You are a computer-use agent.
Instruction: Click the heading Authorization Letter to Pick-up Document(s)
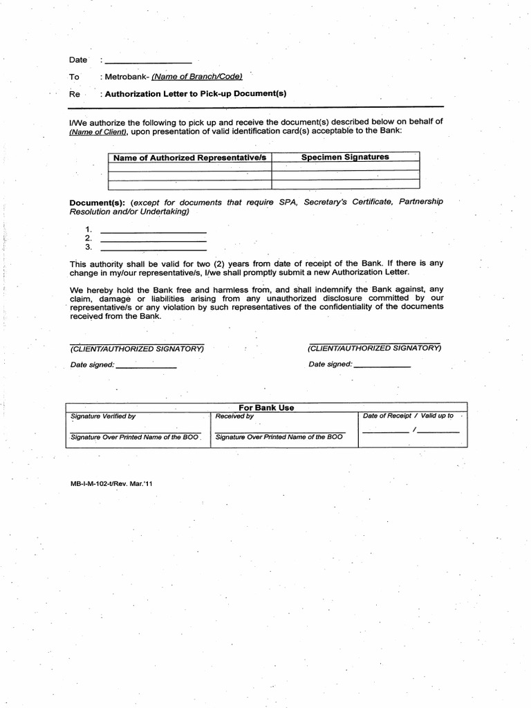pos(196,93)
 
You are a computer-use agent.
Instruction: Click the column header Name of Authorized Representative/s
pos(190,158)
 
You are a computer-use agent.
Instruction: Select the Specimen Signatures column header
pos(345,157)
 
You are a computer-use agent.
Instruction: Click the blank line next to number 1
pos(153,230)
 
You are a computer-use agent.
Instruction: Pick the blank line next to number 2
pos(153,239)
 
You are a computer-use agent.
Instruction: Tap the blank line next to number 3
pos(153,248)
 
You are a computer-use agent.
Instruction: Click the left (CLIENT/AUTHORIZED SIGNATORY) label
pos(137,348)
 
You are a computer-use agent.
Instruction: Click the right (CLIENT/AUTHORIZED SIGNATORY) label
pos(375,348)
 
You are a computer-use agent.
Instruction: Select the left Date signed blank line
pos(147,366)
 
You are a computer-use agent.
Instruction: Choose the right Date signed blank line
pos(382,365)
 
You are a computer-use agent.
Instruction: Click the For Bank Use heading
pos(266,407)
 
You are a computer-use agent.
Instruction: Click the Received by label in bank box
pos(234,416)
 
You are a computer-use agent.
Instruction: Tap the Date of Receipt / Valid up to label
pos(408,416)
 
